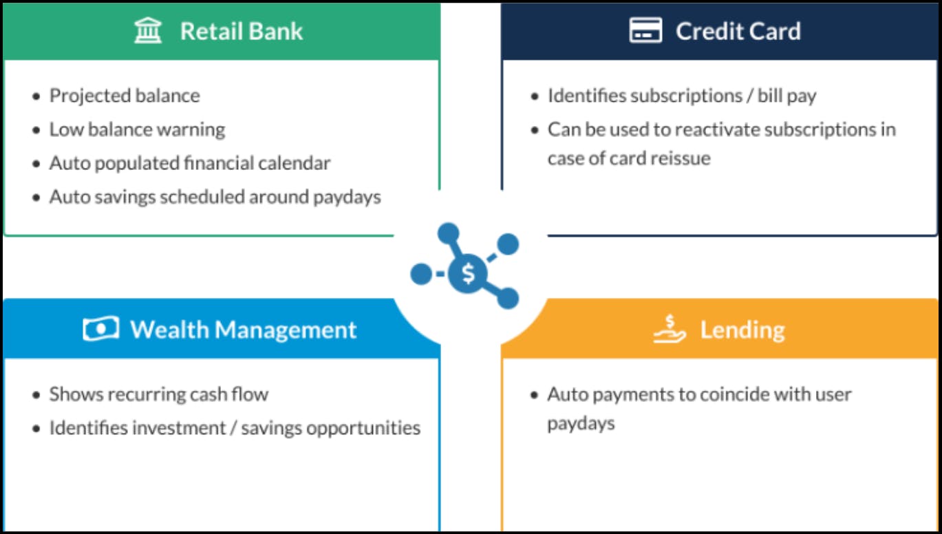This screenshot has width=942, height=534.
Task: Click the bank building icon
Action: coord(148,30)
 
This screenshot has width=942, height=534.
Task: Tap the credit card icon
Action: coord(645,30)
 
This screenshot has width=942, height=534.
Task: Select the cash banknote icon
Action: coord(101,328)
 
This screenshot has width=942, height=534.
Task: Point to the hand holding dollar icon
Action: coord(670,329)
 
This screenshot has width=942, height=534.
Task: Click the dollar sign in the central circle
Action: coord(468,273)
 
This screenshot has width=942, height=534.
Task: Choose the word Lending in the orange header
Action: coord(742,330)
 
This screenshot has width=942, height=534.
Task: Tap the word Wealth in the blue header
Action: coord(169,329)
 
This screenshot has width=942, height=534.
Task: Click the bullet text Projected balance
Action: coord(125,96)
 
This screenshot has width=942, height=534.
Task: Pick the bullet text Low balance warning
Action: coord(137,129)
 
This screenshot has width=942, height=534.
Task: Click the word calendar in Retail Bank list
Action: coord(295,163)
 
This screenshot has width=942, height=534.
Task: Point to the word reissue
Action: coord(681,158)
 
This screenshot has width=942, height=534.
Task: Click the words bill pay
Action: coord(786,96)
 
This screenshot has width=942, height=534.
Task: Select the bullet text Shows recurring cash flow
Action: coord(158,395)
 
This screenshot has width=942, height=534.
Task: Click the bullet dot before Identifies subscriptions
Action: coord(535,97)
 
